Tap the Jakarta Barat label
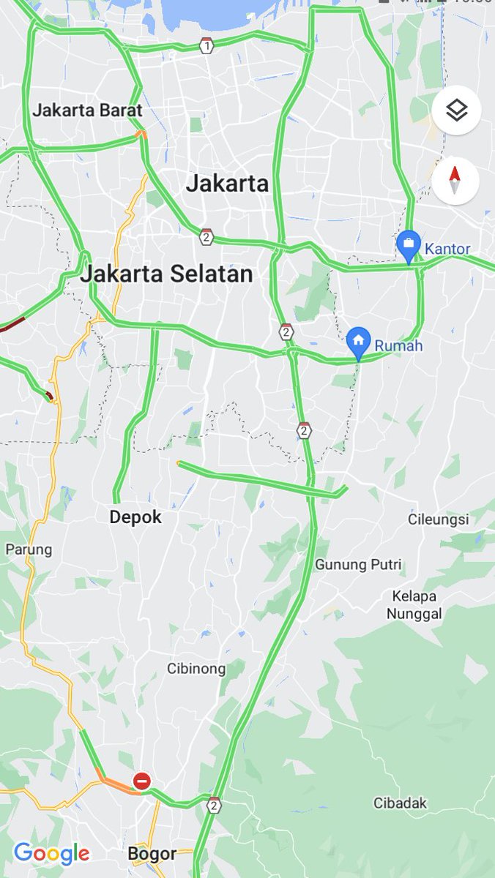(87, 110)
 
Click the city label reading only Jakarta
(227, 183)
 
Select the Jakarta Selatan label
(166, 274)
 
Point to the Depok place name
(135, 517)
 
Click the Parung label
(29, 549)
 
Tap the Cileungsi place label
(438, 519)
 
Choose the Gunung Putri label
(358, 565)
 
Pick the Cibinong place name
(196, 668)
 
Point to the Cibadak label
(400, 803)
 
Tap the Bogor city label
(152, 853)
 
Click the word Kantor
(447, 249)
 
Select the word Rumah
(399, 345)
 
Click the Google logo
(51, 853)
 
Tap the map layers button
(455, 111)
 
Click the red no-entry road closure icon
(142, 781)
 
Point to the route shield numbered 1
(207, 45)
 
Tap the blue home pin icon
(358, 340)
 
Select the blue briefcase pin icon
(408, 244)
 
